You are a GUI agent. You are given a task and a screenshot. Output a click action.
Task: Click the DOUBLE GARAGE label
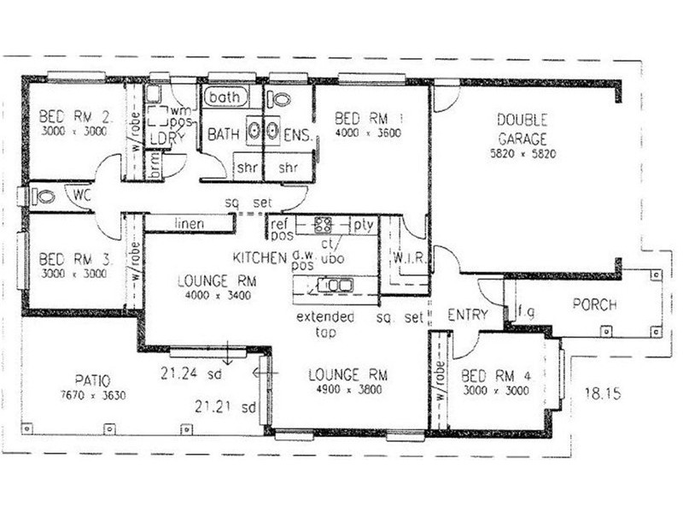point(522,128)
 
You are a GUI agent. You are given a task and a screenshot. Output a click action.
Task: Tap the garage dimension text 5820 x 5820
point(522,155)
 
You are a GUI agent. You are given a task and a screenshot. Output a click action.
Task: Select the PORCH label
point(595,304)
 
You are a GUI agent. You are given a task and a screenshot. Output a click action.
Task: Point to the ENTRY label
point(467,315)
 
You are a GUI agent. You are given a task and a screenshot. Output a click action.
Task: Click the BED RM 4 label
point(494,376)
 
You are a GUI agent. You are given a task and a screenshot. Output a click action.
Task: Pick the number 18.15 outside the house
point(601,394)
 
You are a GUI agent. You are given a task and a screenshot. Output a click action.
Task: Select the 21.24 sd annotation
point(191,373)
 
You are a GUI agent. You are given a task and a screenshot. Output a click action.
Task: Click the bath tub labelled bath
point(225,97)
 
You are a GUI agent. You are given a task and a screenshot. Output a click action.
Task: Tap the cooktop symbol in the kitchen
point(324,226)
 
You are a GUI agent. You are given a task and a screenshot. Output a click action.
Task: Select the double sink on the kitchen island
point(335,285)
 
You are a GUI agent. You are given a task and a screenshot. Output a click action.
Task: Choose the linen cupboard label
point(189,223)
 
